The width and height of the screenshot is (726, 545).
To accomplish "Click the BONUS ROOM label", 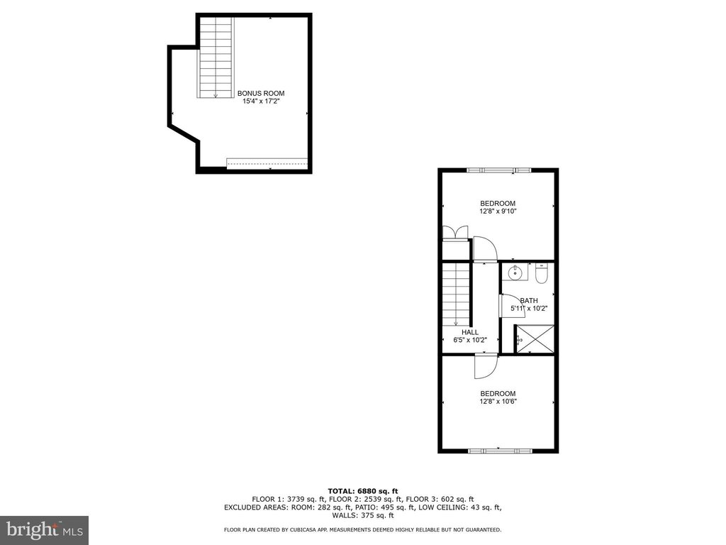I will tap(261, 93).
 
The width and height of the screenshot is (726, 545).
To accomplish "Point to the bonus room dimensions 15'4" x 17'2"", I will tap(261, 101).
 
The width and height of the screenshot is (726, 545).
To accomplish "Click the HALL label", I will tap(469, 331).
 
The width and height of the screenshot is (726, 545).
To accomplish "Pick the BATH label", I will tap(529, 300).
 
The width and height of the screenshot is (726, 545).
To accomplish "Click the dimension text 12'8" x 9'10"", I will tap(498, 211).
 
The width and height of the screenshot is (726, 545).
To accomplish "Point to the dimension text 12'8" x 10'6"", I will tap(498, 402).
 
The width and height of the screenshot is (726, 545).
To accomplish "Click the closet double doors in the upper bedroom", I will tap(454, 232).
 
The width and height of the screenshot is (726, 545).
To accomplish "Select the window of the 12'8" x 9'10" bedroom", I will tap(498, 170).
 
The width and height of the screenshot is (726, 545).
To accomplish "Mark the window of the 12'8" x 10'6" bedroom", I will tap(498, 449).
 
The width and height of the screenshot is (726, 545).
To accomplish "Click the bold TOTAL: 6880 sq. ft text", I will tap(362, 491).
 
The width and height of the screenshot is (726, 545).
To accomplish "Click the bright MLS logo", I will tap(43, 529).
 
